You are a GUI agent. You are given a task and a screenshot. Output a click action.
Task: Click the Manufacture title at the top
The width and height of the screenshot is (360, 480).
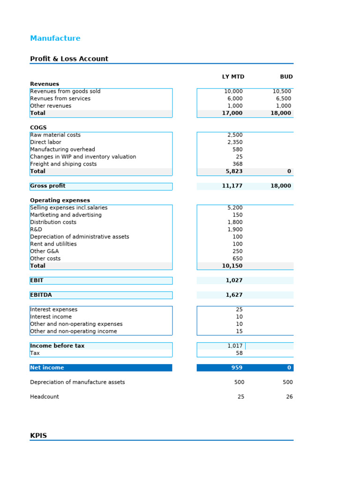(x=55, y=38)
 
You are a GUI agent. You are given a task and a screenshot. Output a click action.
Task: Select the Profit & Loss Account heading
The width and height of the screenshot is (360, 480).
(x=69, y=59)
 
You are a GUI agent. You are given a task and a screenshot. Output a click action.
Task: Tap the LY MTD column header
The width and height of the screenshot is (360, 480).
(x=233, y=77)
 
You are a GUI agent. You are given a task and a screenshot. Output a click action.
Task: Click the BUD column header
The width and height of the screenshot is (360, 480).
(x=286, y=77)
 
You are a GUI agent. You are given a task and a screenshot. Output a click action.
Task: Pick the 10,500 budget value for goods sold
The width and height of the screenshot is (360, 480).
(x=282, y=91)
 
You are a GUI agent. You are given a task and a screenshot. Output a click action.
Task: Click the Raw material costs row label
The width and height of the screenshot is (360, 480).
(x=55, y=135)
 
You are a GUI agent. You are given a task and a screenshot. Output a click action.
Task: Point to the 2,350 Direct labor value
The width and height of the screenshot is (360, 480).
(x=235, y=142)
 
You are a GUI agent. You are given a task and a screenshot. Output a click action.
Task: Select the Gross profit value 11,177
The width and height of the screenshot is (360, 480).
(x=232, y=186)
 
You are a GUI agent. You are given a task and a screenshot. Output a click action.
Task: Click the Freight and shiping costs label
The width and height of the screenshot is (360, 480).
(x=63, y=164)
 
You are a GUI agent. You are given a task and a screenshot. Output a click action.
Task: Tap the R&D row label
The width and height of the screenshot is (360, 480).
(x=36, y=230)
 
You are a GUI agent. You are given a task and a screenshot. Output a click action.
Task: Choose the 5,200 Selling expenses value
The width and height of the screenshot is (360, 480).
(x=235, y=208)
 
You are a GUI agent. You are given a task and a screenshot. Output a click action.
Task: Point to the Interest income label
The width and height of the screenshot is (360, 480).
(x=51, y=317)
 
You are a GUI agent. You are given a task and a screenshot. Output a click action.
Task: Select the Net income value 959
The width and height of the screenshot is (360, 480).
(x=237, y=368)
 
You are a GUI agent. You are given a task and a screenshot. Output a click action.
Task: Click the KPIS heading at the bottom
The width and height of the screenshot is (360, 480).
(x=38, y=436)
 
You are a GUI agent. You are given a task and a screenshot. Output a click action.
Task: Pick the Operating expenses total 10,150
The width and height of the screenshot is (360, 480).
(x=232, y=266)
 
